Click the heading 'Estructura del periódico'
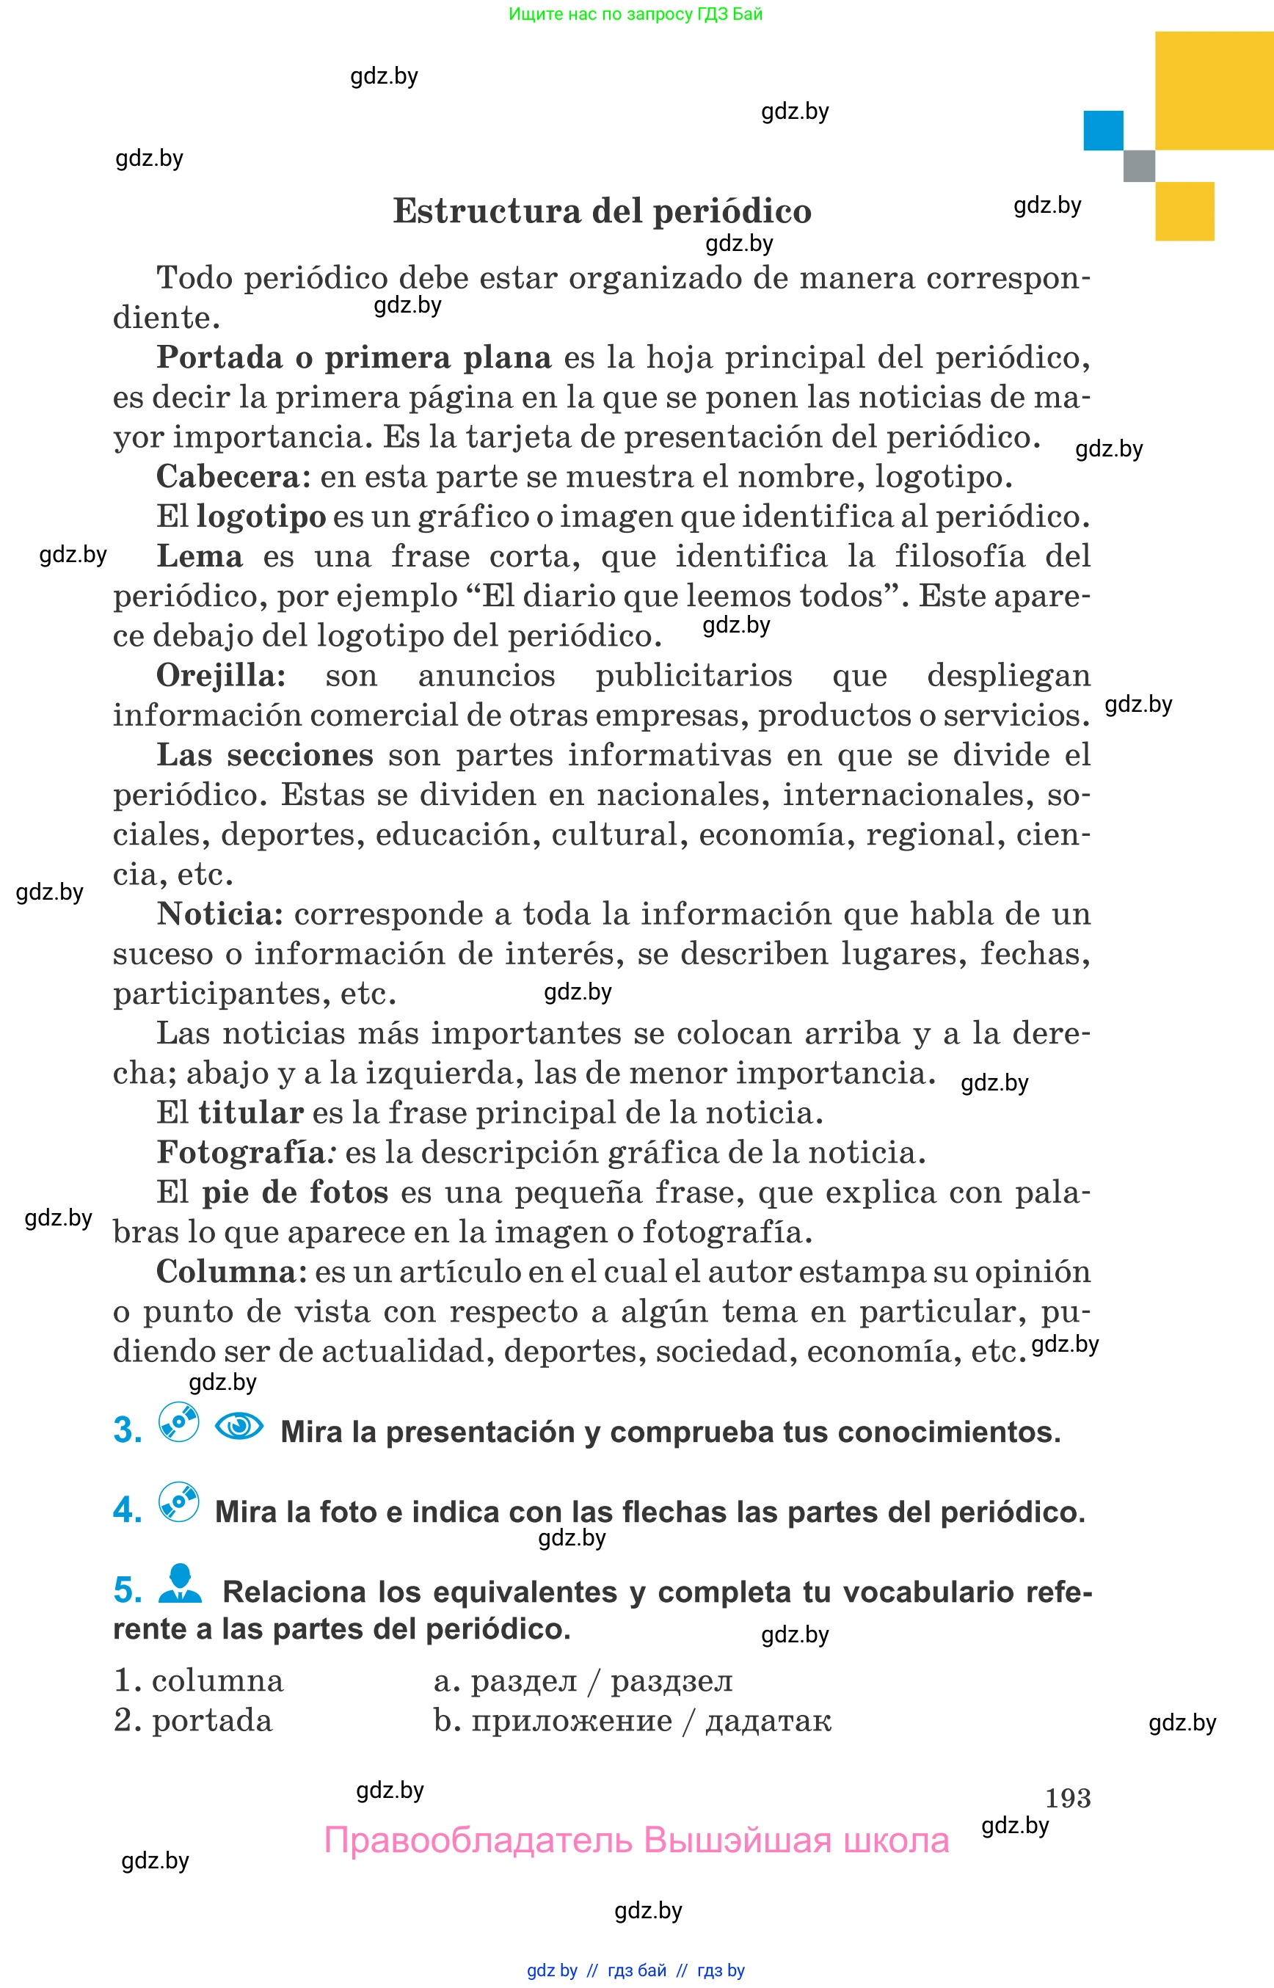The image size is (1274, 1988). (602, 211)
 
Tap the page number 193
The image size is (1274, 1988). (1067, 1798)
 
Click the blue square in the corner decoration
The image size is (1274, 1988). (1103, 131)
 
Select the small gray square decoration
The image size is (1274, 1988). (1138, 165)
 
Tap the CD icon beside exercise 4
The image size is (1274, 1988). (178, 1501)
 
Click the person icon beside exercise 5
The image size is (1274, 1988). (180, 1583)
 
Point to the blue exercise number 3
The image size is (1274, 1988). (128, 1430)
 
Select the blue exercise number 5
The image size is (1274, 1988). (128, 1590)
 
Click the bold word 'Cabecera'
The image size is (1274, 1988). (233, 476)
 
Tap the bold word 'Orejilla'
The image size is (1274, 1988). (220, 675)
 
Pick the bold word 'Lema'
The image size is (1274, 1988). (200, 556)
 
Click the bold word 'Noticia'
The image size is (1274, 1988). (219, 914)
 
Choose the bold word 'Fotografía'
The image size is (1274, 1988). (241, 1151)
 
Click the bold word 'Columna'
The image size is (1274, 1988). (226, 1272)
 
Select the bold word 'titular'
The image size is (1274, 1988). (251, 1112)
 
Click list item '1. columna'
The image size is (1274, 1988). (199, 1681)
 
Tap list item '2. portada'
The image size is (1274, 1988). (193, 1720)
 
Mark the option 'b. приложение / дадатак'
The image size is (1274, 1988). (632, 1720)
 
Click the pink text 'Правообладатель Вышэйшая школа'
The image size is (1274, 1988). (636, 1840)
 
